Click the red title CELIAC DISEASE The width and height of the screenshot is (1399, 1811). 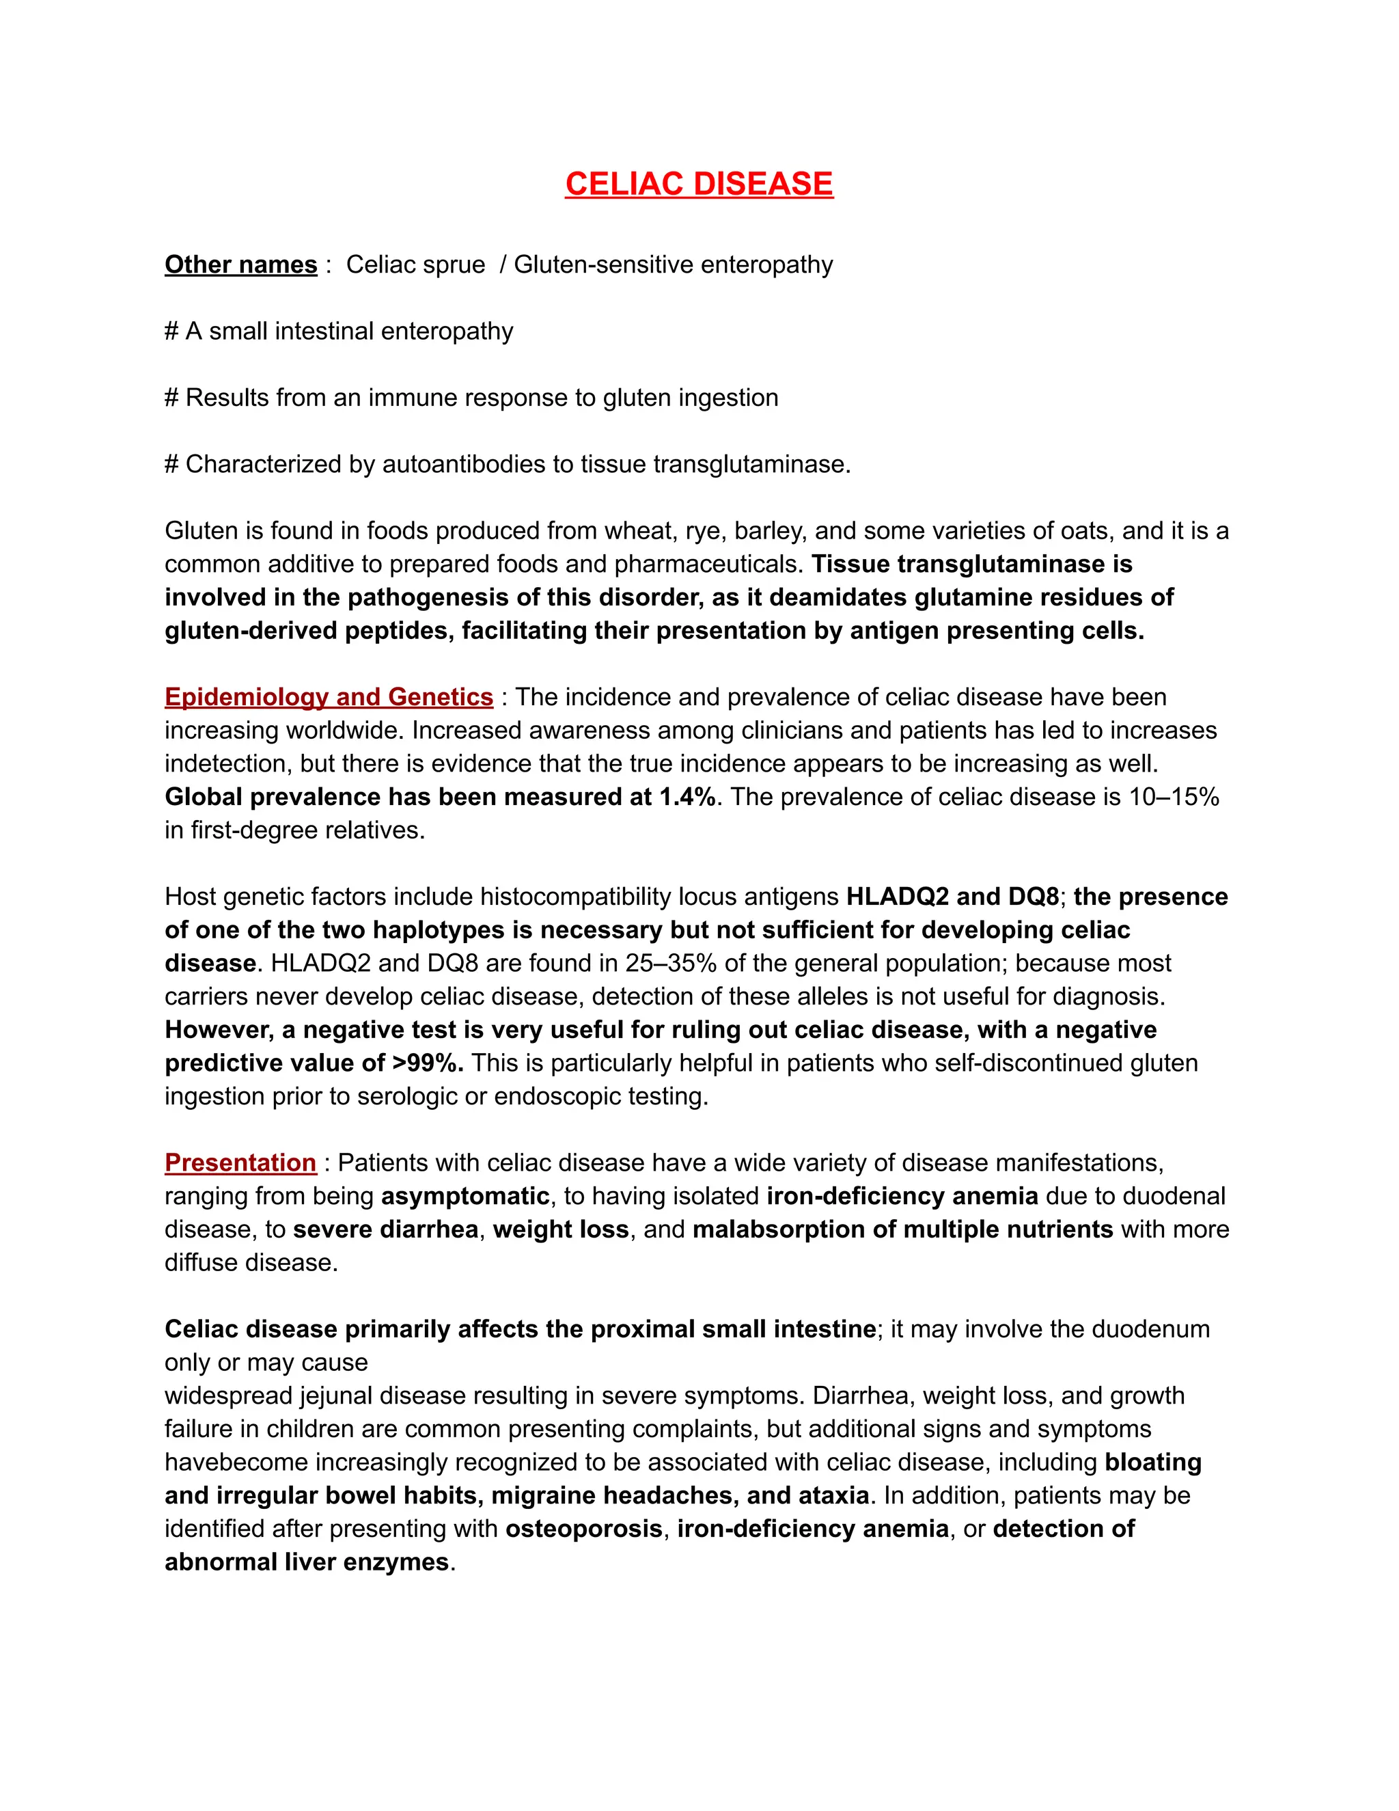coord(699,184)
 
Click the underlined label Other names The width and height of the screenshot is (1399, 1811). coord(240,264)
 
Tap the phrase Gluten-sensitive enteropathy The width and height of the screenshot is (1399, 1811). coord(673,264)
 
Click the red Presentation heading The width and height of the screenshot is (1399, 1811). coord(240,1162)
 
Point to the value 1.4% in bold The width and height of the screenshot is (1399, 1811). coord(687,797)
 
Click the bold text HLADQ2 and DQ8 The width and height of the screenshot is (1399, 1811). coord(952,897)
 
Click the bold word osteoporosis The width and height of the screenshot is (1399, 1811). coord(583,1528)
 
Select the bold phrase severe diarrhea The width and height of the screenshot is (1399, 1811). coord(385,1229)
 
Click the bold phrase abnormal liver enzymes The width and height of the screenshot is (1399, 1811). coord(307,1562)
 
